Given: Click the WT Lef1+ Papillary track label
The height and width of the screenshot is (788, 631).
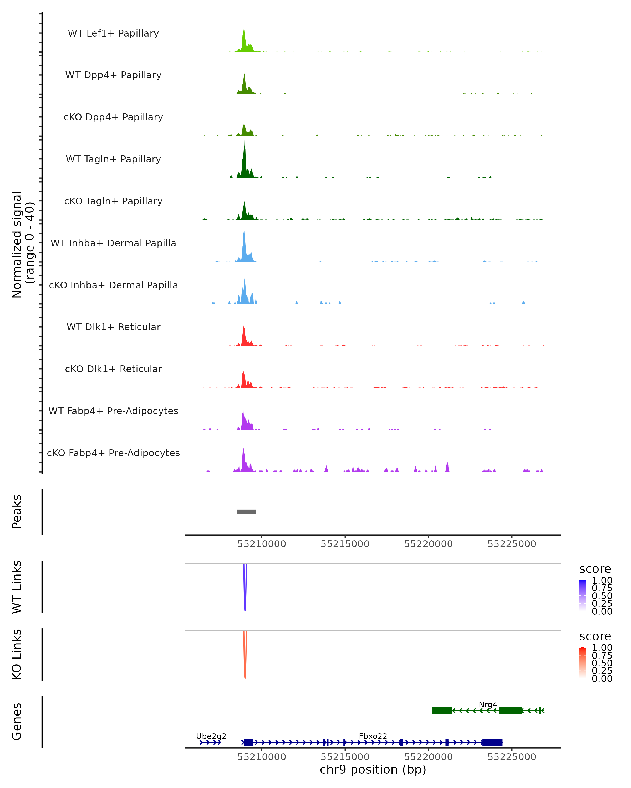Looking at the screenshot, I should tap(113, 33).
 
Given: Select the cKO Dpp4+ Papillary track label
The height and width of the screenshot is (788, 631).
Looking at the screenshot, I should tap(113, 117).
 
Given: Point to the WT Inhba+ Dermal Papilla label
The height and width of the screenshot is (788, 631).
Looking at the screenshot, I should tap(113, 243).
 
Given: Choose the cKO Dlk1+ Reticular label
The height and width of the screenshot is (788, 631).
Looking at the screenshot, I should tap(113, 369).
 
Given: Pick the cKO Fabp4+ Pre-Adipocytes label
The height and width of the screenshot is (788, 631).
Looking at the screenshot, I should tap(113, 453).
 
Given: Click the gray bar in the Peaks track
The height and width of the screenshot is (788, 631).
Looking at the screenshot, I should tap(246, 512).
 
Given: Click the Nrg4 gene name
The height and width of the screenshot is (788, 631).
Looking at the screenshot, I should tap(488, 704).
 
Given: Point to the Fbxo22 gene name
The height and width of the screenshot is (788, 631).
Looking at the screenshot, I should tap(373, 736).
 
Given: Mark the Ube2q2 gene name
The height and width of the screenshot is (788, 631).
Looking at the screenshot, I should tap(211, 736).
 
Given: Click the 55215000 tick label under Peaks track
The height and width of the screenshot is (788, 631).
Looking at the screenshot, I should tap(345, 544).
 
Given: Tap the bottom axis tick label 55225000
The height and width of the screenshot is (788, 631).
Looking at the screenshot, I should tap(512, 757).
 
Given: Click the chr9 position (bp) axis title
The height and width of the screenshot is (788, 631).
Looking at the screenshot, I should tap(373, 770).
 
